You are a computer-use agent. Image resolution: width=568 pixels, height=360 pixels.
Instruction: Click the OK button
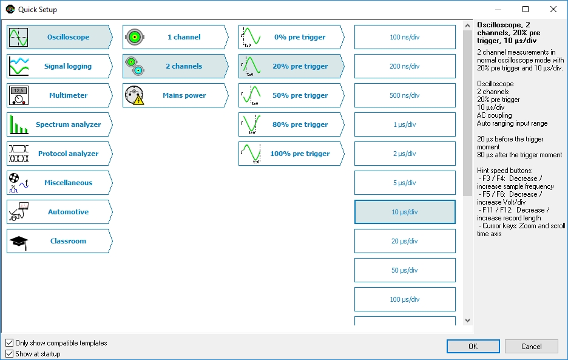point(473,346)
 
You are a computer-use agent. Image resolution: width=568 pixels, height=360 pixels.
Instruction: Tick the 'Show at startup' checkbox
point(9,353)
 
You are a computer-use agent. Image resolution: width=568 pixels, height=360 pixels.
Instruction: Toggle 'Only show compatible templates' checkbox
point(9,343)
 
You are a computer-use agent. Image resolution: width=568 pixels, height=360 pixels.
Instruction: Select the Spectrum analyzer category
point(59,124)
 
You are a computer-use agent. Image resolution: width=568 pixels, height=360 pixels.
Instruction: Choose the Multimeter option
point(59,95)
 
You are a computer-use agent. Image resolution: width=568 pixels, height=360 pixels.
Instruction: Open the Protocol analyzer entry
point(59,154)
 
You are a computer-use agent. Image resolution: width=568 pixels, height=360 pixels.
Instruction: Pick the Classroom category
point(59,241)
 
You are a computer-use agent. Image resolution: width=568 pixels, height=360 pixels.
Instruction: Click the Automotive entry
point(59,212)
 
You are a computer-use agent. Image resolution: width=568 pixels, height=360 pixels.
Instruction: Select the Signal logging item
point(59,66)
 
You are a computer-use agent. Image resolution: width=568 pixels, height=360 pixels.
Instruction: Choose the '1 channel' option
point(175,37)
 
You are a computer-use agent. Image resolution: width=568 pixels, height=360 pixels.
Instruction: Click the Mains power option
point(175,95)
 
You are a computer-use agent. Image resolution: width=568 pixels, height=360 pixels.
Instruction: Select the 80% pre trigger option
point(291,124)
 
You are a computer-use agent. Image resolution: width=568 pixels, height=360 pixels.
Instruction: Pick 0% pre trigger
point(291,37)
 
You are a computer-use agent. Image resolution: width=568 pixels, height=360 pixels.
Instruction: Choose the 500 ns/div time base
point(405,95)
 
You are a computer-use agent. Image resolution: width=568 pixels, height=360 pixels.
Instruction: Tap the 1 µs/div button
point(405,124)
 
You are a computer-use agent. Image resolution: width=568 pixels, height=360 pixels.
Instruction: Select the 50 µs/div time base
point(405,270)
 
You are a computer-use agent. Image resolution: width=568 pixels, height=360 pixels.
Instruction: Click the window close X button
point(553,9)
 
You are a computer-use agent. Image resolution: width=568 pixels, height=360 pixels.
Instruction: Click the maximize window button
point(526,9)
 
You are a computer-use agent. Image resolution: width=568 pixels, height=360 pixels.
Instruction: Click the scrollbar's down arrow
point(467,321)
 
